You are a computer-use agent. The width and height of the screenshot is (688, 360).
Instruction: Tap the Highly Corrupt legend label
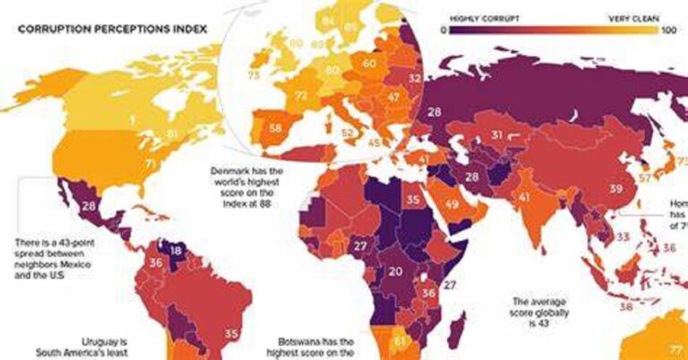pyautogui.click(x=475, y=16)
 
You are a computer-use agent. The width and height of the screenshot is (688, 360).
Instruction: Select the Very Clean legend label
pyautogui.click(x=635, y=16)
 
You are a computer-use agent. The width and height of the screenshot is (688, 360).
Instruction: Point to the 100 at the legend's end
pyautogui.click(x=667, y=30)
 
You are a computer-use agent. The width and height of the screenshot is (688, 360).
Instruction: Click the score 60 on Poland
pyautogui.click(x=368, y=64)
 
